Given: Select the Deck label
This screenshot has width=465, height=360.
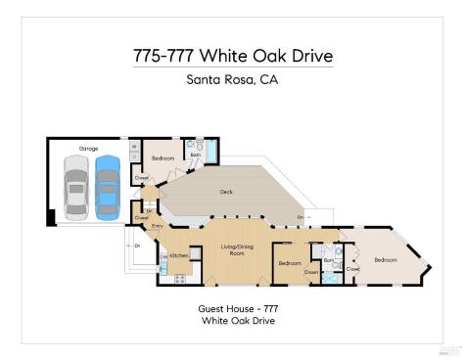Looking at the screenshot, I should click(226, 193).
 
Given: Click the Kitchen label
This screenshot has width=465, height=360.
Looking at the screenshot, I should click(179, 255).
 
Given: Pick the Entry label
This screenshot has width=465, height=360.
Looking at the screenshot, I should click(158, 227).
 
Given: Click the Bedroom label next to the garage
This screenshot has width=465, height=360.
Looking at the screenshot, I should click(163, 157).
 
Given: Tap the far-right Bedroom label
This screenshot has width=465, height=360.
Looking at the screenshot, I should click(385, 259).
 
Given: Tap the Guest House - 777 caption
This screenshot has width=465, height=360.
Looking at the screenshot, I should click(232, 308).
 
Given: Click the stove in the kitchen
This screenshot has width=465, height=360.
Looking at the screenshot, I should click(179, 279).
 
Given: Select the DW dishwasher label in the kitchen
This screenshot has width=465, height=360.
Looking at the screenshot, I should click(163, 255).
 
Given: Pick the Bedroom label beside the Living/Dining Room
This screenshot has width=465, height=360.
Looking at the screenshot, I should click(290, 263).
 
